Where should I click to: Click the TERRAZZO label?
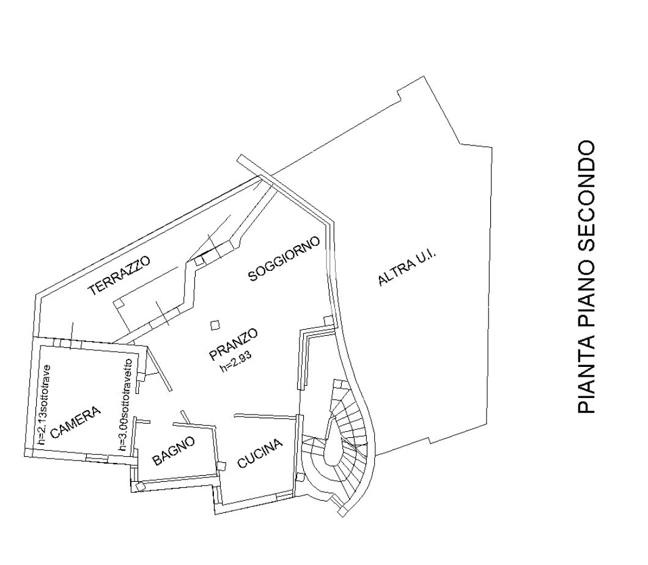click(119, 276)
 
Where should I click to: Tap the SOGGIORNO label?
click(284, 259)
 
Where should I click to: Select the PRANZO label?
click(234, 339)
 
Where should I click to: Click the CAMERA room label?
click(75, 423)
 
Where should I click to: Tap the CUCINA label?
click(260, 453)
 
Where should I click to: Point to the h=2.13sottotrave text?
click(43, 404)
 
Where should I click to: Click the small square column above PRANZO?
click(215, 325)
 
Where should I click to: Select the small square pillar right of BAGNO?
click(222, 466)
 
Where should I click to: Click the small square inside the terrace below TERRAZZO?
click(118, 303)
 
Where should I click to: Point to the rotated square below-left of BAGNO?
click(139, 486)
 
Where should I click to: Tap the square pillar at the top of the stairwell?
click(328, 320)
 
